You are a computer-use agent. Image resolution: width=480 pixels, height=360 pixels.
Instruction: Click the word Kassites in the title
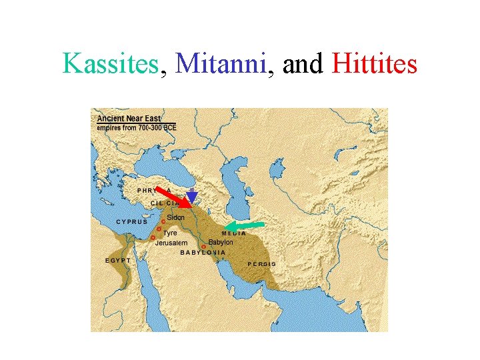coord(111,64)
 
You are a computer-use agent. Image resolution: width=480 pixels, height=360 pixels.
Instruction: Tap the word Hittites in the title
coord(374,64)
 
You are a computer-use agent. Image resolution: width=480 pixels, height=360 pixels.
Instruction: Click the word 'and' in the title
coord(303,64)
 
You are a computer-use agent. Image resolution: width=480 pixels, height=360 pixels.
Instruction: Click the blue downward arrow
coord(192,197)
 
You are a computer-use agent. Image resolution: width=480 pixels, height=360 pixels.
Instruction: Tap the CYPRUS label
coord(132,221)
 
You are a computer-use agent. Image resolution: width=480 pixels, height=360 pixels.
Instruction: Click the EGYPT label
coord(119,259)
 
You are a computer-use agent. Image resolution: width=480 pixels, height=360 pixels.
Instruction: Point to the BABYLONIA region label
coord(203,253)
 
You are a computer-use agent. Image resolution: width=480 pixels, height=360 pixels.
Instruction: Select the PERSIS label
coord(262,264)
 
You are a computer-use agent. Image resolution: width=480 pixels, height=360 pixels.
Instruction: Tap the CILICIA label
coord(165,203)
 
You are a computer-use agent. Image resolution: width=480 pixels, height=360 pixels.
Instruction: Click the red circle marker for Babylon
coord(203,247)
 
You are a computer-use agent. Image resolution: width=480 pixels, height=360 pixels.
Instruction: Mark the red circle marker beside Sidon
coord(163,221)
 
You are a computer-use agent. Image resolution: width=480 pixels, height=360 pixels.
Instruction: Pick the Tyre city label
coord(171,233)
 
